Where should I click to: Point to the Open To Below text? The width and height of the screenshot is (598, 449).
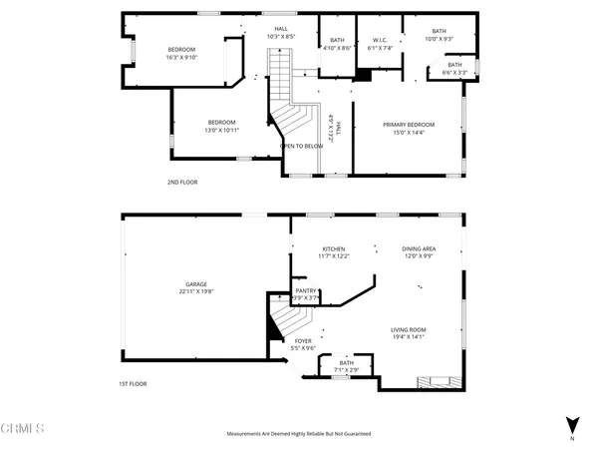pyautogui.click(x=301, y=146)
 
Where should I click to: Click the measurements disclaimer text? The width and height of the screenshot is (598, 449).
pyautogui.click(x=299, y=434)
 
